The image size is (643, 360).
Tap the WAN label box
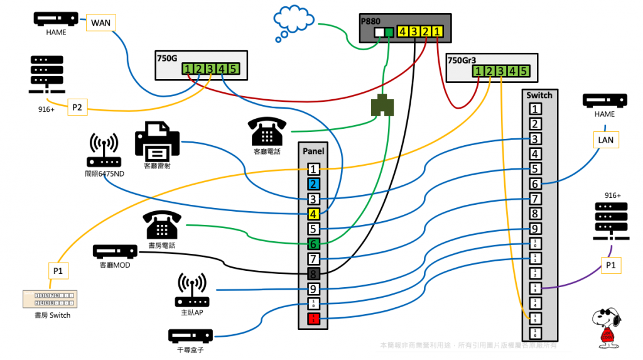click(100, 23)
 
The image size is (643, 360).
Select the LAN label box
click(607, 139)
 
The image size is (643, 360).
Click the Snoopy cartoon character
click(607, 328)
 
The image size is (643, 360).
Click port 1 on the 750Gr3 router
click(478, 72)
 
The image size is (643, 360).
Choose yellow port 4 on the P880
click(403, 31)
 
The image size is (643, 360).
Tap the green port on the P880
click(389, 32)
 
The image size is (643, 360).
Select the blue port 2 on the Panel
click(314, 185)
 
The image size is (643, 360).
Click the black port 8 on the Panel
click(314, 274)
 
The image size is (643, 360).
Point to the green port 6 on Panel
click(314, 244)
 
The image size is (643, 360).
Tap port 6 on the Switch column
click(534, 183)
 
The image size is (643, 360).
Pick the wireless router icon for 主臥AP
click(192, 290)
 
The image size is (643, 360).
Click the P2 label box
click(77, 107)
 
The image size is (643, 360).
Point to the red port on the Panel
click(314, 319)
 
